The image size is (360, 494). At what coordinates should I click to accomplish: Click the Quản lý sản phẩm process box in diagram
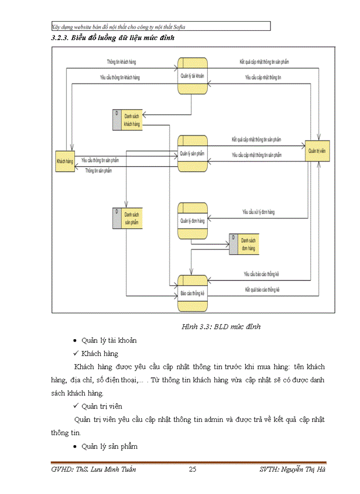click(192, 153)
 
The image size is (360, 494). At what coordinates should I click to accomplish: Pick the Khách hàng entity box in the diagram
click(65, 161)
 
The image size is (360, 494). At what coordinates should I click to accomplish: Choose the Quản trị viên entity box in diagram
click(317, 151)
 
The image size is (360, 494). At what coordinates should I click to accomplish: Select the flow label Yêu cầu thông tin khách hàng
click(119, 78)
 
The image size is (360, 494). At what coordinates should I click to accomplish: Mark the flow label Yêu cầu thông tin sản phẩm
click(103, 160)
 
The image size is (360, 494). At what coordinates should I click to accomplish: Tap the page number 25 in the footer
click(193, 469)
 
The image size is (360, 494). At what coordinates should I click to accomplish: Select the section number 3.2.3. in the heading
click(60, 38)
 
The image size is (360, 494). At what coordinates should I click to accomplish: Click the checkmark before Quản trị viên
click(75, 406)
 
